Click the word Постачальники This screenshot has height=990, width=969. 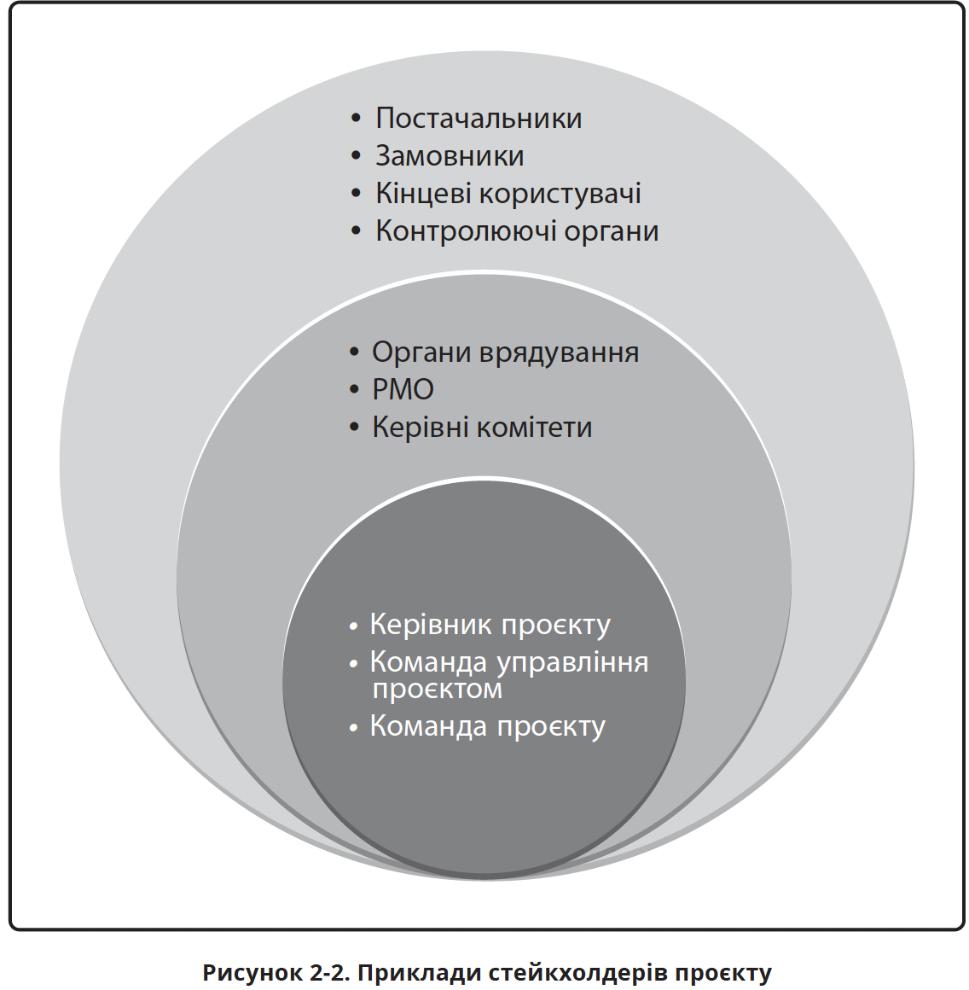coord(479,119)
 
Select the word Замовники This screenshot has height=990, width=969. coord(450,156)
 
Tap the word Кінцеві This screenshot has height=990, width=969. coord(423,194)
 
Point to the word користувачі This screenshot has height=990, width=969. coord(560,194)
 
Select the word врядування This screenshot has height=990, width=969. coord(559,353)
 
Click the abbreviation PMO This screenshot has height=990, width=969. coord(403,390)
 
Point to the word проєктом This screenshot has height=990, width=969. coord(438,690)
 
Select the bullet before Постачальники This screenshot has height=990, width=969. coord(356,119)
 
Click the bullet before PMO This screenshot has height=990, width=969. coord(353,391)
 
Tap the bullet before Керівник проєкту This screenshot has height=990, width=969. coord(353,626)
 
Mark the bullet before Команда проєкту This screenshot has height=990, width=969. coord(353,728)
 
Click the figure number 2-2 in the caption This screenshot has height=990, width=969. coord(328,972)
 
